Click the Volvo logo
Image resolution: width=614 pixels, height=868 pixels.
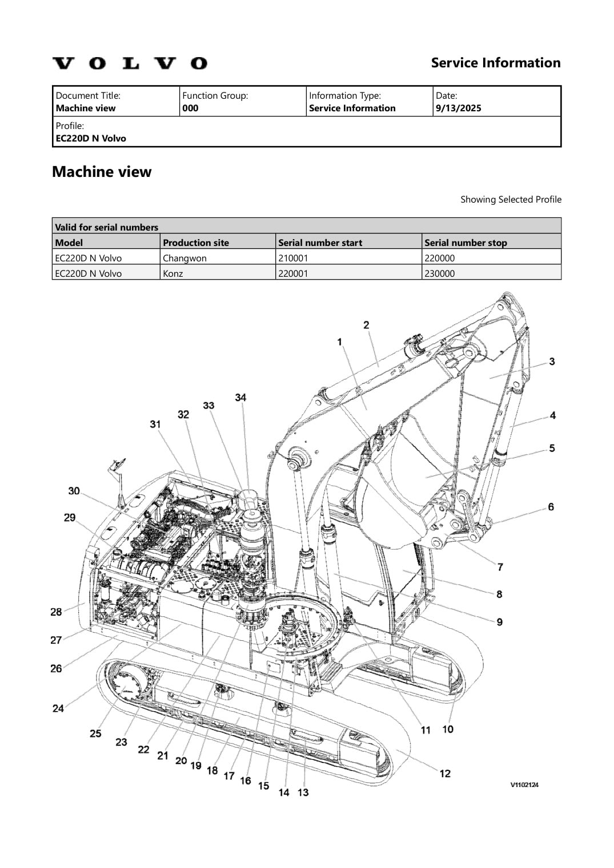point(130,63)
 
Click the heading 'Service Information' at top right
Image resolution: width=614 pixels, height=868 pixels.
point(495,63)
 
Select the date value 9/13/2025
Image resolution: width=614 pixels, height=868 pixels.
point(458,108)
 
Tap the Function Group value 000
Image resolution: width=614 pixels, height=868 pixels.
point(190,108)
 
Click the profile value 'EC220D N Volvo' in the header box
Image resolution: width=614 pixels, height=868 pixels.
point(91,138)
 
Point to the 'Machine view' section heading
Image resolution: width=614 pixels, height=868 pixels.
point(102,172)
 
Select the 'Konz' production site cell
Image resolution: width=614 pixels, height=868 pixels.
point(173,273)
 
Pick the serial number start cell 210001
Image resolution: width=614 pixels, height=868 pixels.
point(292,258)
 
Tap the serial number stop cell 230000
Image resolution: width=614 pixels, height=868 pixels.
point(439,273)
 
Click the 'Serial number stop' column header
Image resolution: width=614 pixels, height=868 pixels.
point(465,243)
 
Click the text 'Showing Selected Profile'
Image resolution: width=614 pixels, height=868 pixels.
point(511,199)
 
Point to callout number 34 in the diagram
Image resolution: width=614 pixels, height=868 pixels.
point(240,397)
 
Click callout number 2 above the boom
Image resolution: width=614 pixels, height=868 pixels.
point(366,325)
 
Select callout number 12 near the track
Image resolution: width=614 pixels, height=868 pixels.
point(445,773)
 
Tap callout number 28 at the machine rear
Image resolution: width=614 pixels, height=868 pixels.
point(56,612)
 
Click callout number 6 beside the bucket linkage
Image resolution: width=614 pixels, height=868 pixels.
point(551,507)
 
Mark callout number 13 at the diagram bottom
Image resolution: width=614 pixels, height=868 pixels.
point(303,792)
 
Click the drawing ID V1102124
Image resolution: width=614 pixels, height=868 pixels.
point(524,785)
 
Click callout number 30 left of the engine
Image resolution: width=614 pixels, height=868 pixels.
point(74,491)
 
